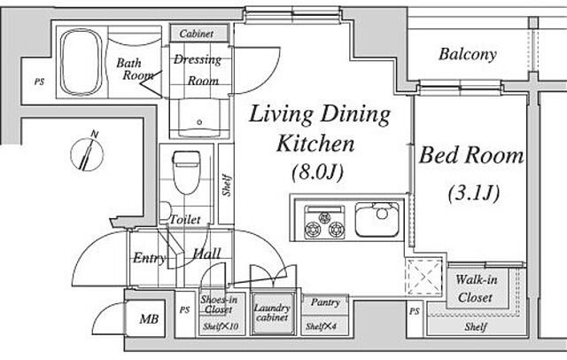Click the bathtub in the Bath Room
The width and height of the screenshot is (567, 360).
click(x=82, y=62)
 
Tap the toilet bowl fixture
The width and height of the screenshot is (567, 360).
click(x=186, y=173)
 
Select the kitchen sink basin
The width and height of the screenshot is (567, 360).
click(x=377, y=220)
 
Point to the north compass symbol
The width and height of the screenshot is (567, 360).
click(x=88, y=153)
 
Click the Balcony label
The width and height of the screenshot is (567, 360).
click(x=468, y=54)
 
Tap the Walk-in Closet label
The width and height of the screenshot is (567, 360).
click(x=476, y=288)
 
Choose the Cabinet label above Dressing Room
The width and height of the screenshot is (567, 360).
click(x=197, y=34)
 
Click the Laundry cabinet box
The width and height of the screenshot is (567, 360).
click(x=272, y=313)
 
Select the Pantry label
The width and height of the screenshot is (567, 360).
click(x=325, y=302)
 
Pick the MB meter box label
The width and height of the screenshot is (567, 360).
click(x=149, y=319)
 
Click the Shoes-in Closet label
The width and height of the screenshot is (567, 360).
click(x=219, y=305)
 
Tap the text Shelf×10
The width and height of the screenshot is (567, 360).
click(x=221, y=326)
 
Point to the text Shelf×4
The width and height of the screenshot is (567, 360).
click(x=321, y=326)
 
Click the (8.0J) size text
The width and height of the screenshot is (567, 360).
click(x=317, y=172)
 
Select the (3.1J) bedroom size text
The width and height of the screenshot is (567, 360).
click(x=474, y=193)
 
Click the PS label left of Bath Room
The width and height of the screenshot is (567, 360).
click(x=39, y=82)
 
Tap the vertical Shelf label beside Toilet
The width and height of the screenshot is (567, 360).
click(x=227, y=185)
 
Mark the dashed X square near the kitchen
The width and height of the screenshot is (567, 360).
click(x=423, y=277)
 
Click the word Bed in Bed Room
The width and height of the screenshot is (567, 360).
click(x=439, y=155)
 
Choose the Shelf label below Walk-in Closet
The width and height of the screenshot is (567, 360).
click(x=476, y=326)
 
